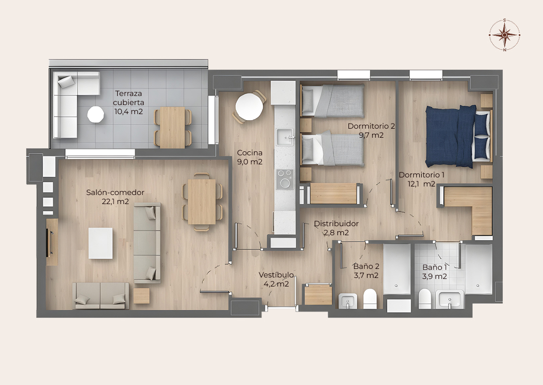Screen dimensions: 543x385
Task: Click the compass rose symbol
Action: (505, 35)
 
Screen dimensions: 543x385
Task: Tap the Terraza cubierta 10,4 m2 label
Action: (129, 103)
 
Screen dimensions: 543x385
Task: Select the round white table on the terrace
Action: (96, 114)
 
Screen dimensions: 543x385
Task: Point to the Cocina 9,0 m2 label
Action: (250, 157)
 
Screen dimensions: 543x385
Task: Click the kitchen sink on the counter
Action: (285, 137)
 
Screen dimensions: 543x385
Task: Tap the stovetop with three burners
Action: (285, 179)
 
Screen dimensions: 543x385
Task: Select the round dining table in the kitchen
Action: (249, 108)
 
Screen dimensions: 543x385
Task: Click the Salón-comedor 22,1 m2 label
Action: (115, 197)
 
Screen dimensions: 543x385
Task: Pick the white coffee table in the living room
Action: (101, 243)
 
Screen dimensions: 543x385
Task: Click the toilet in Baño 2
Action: (370, 299)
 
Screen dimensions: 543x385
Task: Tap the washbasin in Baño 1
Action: (450, 299)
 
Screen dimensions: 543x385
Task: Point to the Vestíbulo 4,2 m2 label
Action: (277, 279)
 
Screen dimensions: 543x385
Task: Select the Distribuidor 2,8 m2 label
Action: (336, 228)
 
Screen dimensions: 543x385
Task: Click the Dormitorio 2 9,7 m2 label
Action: (371, 130)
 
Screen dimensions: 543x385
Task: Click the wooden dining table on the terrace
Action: (172, 127)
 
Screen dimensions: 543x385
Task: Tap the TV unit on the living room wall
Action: (52, 242)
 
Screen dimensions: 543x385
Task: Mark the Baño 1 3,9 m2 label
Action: (434, 272)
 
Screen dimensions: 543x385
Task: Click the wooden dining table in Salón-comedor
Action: (202, 202)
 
